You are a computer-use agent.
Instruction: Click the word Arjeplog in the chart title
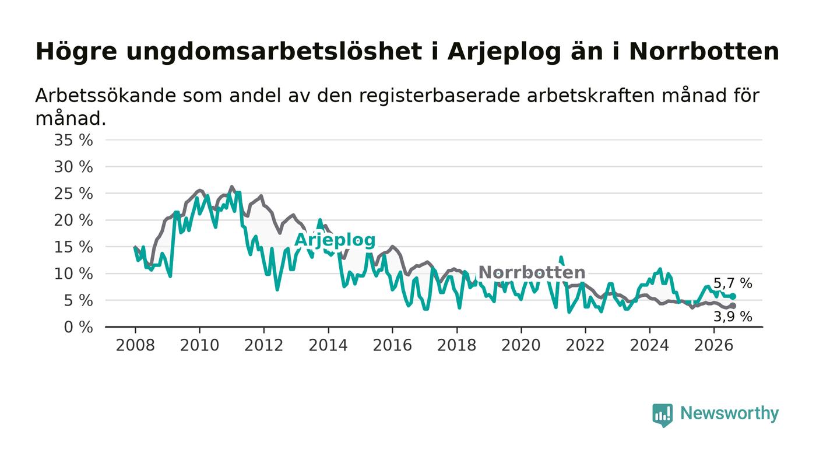click(x=504, y=52)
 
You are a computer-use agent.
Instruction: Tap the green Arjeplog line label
click(x=335, y=241)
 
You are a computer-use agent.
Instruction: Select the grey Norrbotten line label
click(x=532, y=272)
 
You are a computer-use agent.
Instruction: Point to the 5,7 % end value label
click(x=733, y=283)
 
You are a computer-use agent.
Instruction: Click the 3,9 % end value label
click(x=733, y=317)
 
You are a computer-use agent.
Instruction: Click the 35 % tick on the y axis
click(x=73, y=140)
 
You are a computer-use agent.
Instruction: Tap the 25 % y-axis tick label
click(x=73, y=194)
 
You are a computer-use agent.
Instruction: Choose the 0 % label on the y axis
click(x=78, y=327)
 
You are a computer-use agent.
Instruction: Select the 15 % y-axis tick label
click(x=73, y=247)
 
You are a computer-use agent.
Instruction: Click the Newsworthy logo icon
click(x=663, y=415)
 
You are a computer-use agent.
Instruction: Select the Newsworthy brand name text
click(x=730, y=413)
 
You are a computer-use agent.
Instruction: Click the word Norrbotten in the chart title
click(x=704, y=51)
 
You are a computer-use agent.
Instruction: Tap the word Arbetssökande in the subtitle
click(x=105, y=96)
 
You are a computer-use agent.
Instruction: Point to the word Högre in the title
click(x=76, y=52)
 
